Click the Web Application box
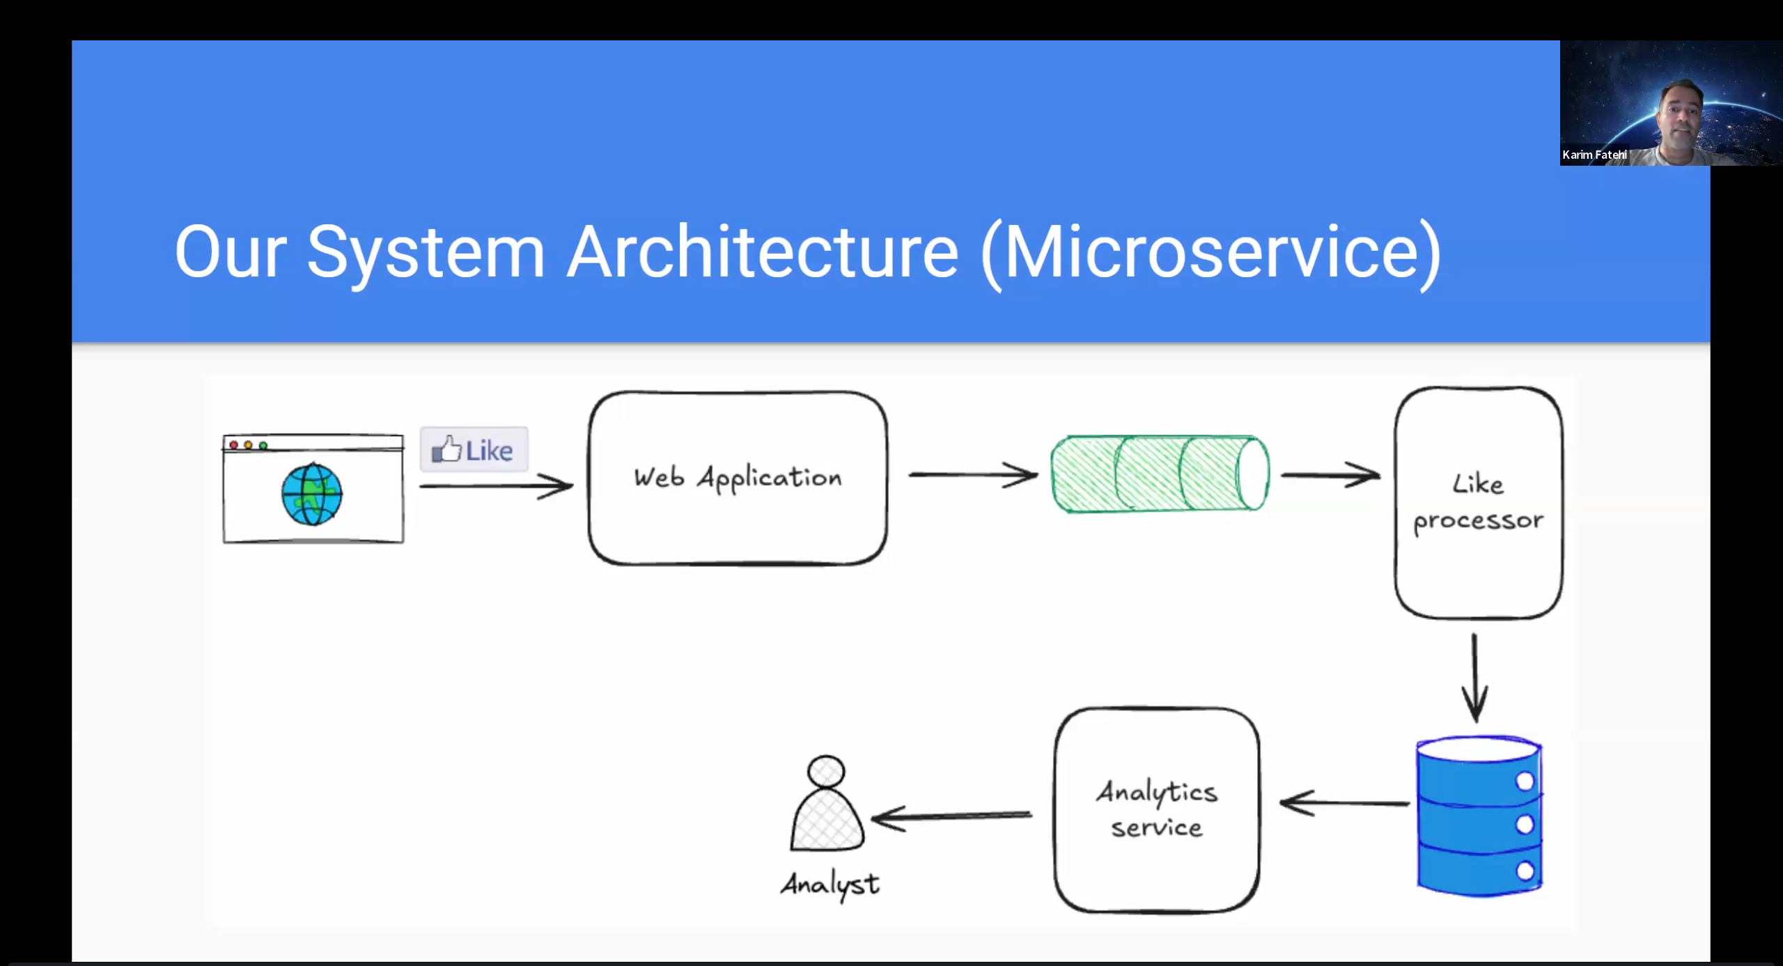[x=738, y=478]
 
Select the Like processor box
[x=1478, y=502]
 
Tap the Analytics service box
[x=1157, y=809]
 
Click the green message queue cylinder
[x=1160, y=474]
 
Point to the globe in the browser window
[x=312, y=494]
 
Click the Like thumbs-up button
[x=474, y=450]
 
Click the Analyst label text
[x=830, y=885]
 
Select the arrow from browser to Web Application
[x=496, y=485]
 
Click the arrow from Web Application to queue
[x=973, y=475]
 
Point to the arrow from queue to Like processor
[x=1330, y=475]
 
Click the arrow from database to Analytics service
[x=1344, y=803]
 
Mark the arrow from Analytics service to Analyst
[x=951, y=816]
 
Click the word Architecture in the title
[x=763, y=252]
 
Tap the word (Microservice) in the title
[x=1210, y=252]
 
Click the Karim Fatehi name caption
[x=1594, y=155]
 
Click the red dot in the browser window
[x=234, y=445]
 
